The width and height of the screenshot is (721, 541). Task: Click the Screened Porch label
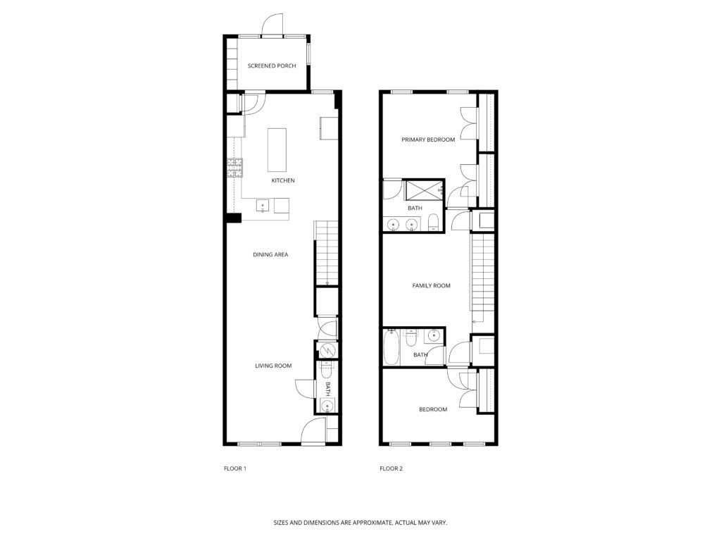point(272,66)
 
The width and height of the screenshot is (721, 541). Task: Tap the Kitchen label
point(283,180)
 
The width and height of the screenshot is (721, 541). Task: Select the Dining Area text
point(270,254)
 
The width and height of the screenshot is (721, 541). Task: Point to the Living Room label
point(274,366)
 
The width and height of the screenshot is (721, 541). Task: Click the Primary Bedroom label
point(428,139)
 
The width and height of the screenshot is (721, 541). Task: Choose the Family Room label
point(432,286)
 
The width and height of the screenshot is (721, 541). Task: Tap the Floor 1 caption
point(235,468)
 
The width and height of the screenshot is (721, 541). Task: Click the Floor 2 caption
point(391,468)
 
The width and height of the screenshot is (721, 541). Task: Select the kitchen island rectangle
point(277,150)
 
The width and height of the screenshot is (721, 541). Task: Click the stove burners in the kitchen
point(234,168)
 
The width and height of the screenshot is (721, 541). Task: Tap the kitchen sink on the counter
point(263,205)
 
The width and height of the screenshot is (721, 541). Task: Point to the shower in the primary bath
point(423,190)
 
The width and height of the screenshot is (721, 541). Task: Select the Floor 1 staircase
point(327,253)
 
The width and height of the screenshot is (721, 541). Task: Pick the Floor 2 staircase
point(482,279)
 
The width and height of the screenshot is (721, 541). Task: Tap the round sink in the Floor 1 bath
point(327,406)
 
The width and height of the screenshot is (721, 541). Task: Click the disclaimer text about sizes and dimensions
point(360,523)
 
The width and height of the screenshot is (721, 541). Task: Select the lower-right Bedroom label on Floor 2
point(433,409)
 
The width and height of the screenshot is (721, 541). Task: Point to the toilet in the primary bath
point(434,223)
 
